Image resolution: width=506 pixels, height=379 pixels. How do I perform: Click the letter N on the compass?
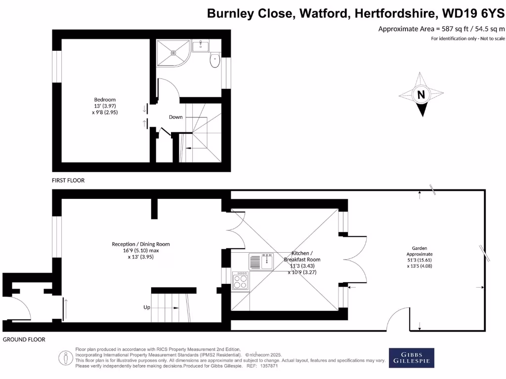[421, 95]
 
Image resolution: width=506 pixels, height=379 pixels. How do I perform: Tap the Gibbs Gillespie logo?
[412, 358]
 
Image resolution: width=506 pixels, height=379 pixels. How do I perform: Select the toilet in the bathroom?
[215, 60]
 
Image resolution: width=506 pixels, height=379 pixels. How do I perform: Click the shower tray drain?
[173, 53]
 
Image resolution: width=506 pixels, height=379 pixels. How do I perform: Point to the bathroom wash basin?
[201, 46]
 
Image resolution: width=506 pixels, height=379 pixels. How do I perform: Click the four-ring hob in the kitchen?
[241, 281]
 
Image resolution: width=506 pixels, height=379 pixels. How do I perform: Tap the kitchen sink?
[261, 262]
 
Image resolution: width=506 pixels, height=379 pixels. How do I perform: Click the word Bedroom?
[105, 100]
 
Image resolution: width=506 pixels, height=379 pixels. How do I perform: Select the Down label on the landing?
[176, 117]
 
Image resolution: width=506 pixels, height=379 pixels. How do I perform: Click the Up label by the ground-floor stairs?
[147, 307]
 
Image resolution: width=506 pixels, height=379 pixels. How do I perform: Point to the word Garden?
[420, 248]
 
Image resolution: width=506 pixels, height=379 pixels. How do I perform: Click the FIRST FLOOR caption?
[68, 181]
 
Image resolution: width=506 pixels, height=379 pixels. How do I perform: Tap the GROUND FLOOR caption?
[24, 340]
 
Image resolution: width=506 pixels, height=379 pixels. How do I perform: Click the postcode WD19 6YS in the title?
[473, 13]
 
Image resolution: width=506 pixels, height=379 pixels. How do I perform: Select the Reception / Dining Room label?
[141, 244]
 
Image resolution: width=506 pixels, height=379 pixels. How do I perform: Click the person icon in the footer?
[66, 358]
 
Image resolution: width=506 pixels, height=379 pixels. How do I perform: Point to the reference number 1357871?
[269, 366]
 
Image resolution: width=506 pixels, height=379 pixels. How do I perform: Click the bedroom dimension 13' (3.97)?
[105, 106]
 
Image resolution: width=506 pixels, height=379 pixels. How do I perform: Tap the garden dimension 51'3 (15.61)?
[420, 260]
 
